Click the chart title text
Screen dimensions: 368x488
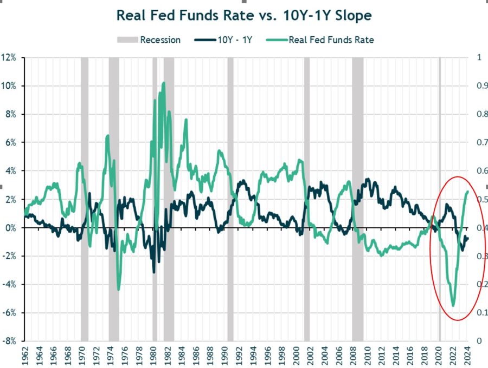tap(244, 16)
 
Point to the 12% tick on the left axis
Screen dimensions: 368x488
tap(10, 58)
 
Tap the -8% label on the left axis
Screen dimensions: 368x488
tap(10, 341)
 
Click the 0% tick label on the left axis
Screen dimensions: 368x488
tap(12, 228)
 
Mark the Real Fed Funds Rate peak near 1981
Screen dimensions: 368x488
tap(164, 83)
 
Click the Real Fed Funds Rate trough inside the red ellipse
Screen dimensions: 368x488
tap(453, 305)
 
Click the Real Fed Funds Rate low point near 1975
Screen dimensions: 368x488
tap(119, 289)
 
